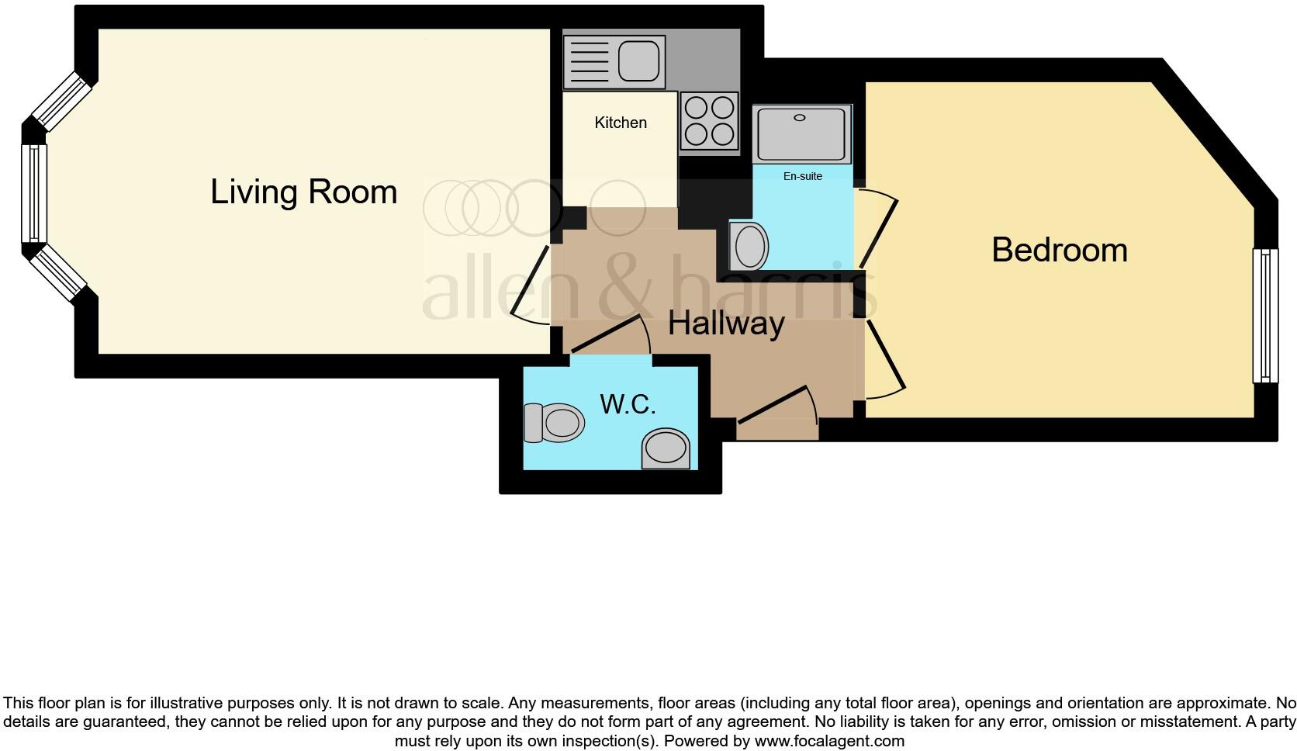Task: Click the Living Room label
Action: tap(303, 192)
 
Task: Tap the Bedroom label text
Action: tap(1059, 250)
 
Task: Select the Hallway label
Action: tap(726, 323)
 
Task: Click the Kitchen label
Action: tap(620, 123)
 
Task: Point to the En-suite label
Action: tap(802, 176)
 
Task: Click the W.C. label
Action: tap(628, 403)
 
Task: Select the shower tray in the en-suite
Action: tap(802, 133)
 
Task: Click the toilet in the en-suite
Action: tap(749, 245)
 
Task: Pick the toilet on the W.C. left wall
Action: tap(555, 423)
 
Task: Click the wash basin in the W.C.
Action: tap(666, 448)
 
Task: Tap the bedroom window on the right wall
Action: tap(1264, 315)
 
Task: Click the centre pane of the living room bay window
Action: tap(34, 193)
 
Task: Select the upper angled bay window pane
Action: tap(61, 102)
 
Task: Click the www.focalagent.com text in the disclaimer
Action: tap(828, 741)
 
